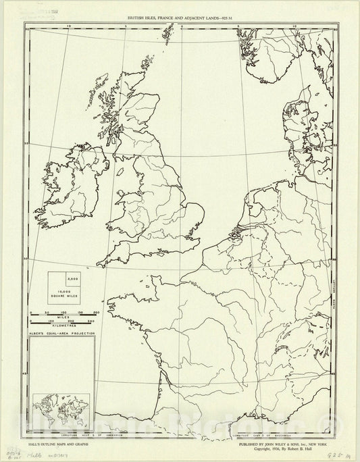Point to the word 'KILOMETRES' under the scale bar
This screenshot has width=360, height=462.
point(63,326)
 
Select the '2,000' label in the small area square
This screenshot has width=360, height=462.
point(72,280)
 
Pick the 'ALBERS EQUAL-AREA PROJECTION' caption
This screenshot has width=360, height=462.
point(61,334)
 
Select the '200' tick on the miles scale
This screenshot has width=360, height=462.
point(96,312)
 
